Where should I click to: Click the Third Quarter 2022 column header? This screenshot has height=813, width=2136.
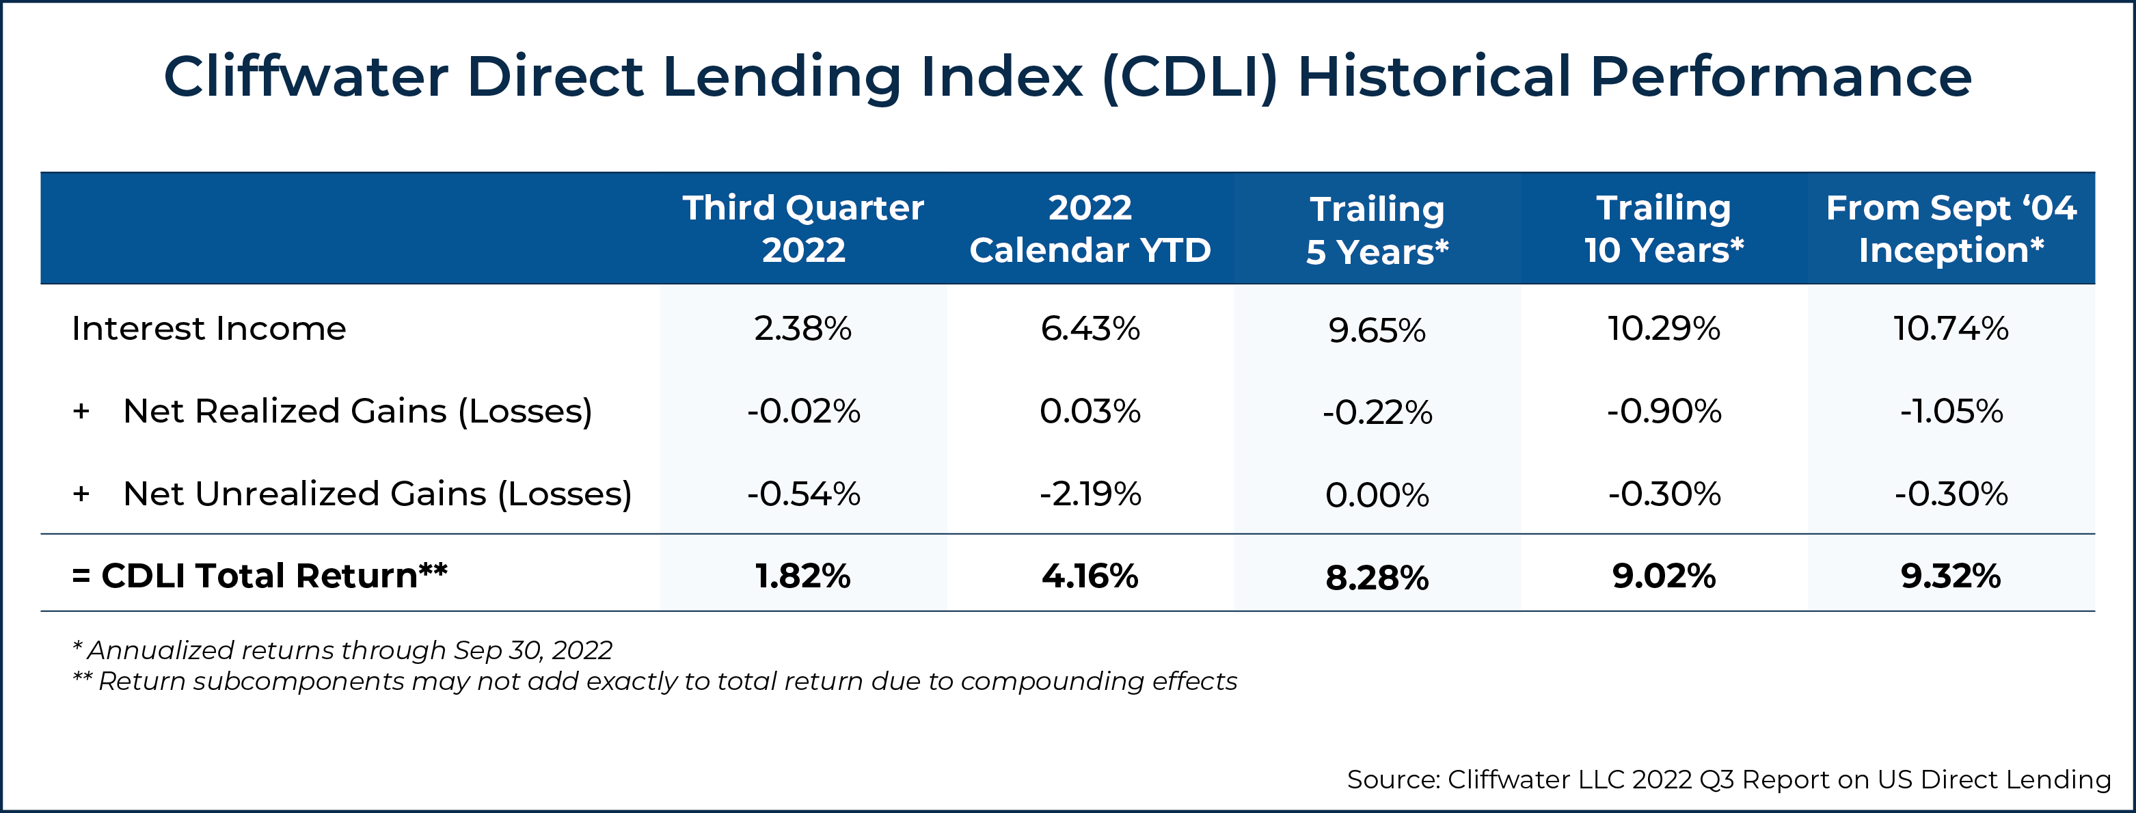point(802,228)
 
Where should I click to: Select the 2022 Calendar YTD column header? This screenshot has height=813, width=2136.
point(1090,228)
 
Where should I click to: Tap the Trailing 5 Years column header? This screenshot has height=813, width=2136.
point(1377,230)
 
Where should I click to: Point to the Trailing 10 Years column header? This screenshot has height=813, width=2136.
point(1664,228)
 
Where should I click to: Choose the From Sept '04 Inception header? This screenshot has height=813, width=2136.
point(1950,228)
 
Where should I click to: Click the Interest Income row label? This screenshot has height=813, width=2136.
point(209,328)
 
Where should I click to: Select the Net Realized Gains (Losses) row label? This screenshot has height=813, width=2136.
point(357,411)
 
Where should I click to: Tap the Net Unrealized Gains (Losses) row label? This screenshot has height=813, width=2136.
point(377,494)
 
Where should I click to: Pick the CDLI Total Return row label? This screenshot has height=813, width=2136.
point(260,576)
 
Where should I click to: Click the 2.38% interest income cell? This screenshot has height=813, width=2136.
point(802,328)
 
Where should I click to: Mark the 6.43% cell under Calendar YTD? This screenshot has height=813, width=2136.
point(1090,328)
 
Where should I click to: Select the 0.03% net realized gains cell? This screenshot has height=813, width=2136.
point(1090,411)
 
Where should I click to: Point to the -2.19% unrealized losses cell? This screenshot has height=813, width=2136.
point(1090,494)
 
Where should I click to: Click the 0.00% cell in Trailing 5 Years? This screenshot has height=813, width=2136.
point(1377,495)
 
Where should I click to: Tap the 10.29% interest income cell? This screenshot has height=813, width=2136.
point(1664,328)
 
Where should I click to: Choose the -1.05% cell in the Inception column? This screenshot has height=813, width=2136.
point(1950,411)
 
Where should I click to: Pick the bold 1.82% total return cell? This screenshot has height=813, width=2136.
point(802,576)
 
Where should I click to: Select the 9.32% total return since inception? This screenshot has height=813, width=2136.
point(1950,576)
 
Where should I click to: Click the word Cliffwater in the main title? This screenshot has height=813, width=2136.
point(305,77)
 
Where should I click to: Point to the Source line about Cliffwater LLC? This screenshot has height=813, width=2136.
point(1729,779)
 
